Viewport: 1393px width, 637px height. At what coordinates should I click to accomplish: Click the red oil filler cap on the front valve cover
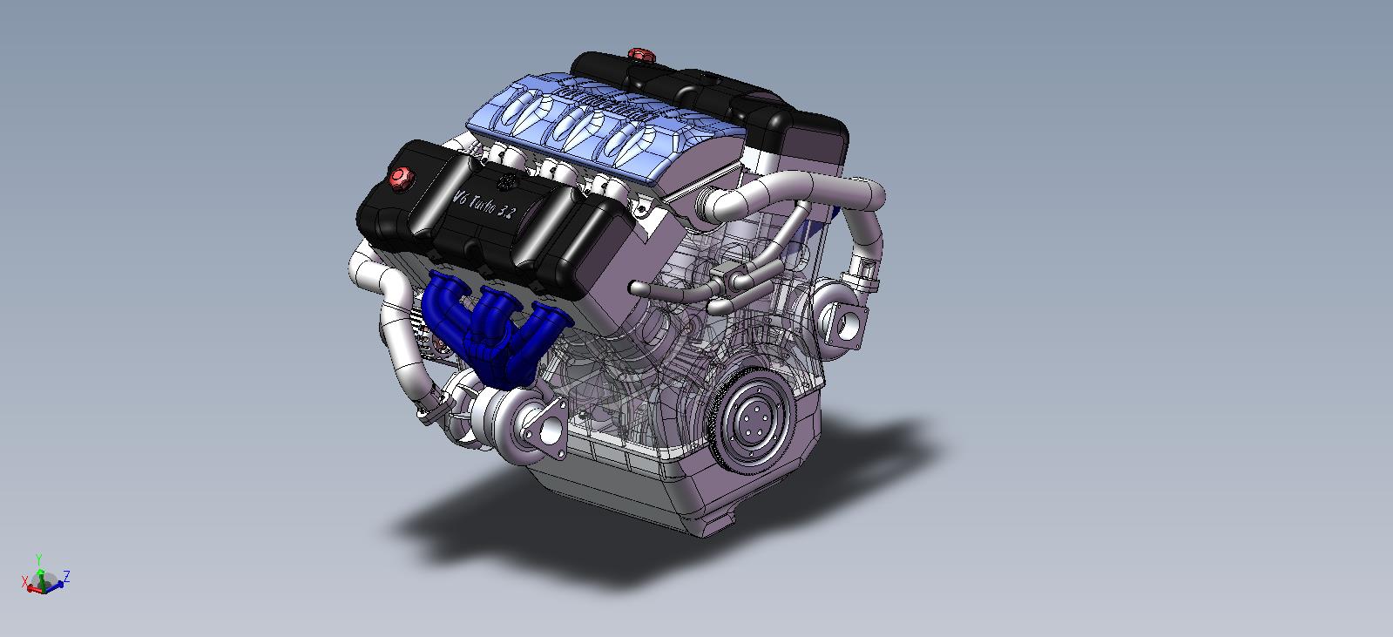[x=400, y=178]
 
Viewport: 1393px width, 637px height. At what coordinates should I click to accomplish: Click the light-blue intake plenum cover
[x=601, y=122]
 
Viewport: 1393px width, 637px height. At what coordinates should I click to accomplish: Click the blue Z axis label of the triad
[x=67, y=575]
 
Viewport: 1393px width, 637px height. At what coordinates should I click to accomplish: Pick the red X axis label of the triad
[x=24, y=581]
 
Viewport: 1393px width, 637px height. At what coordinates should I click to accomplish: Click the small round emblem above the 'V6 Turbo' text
[x=507, y=181]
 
